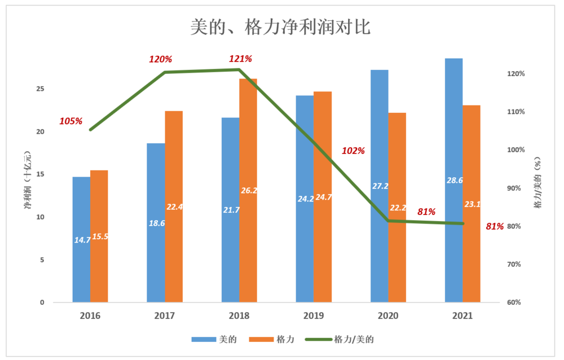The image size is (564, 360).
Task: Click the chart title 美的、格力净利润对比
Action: pos(280,27)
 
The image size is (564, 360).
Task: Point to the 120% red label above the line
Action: pos(160,59)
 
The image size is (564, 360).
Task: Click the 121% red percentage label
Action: pos(240,59)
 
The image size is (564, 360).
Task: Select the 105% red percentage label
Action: pos(71,121)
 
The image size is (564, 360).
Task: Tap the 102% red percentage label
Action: pos(354,151)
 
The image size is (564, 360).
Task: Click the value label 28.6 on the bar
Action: pos(455,181)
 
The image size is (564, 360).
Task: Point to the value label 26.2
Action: pos(249,191)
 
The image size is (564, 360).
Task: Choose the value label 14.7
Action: pos(82,240)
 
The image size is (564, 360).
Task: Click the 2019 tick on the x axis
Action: pos(314,315)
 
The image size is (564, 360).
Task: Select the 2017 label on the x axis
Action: pos(165,315)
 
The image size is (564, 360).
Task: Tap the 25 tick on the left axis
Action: pos(40,89)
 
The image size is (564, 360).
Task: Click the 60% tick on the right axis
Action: pos(517,302)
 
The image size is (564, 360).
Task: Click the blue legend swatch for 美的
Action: pos(202,339)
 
